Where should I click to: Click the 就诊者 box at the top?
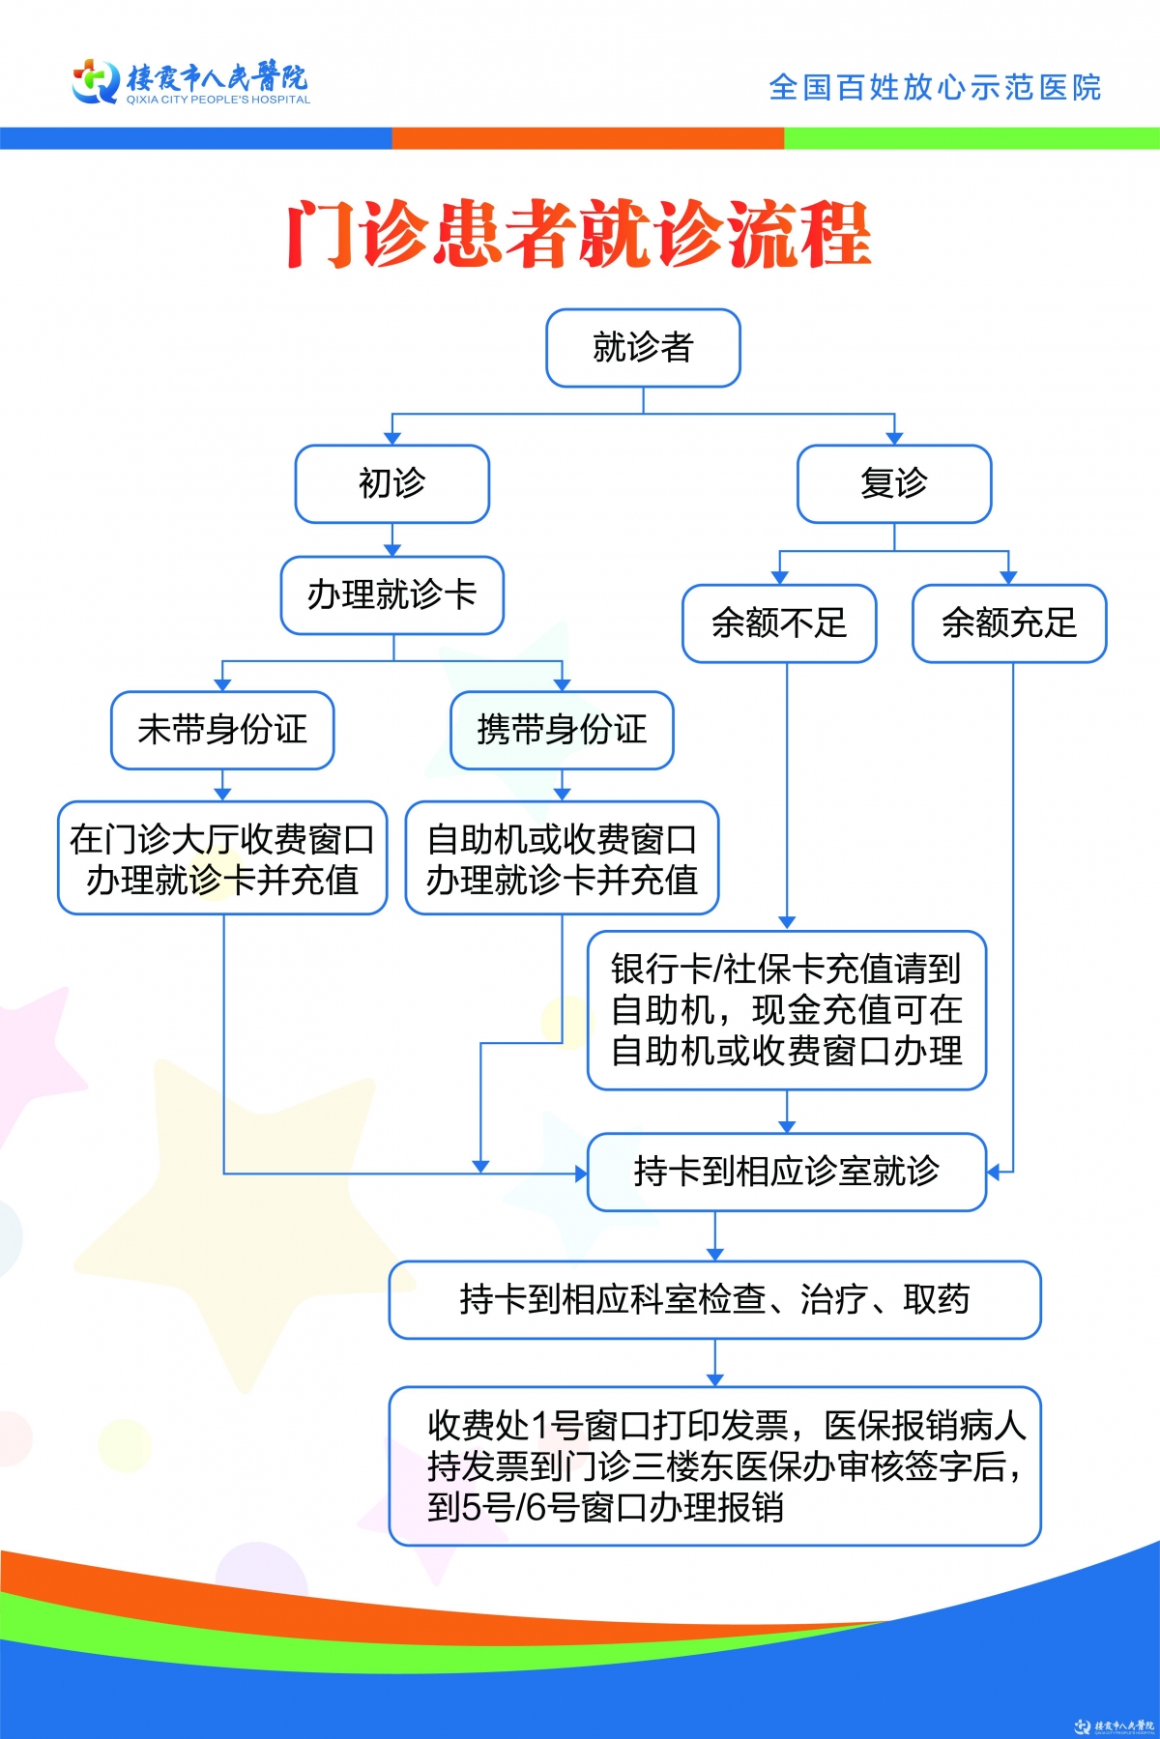pyautogui.click(x=643, y=348)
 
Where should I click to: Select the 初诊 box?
pyautogui.click(x=391, y=483)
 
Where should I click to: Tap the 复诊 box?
pyautogui.click(x=894, y=483)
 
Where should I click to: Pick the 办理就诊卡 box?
pyautogui.click(x=391, y=594)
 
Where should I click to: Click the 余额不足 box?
pyautogui.click(x=779, y=623)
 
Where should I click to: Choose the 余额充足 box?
pyautogui.click(x=1009, y=623)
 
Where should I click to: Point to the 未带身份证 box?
pyautogui.click(x=222, y=730)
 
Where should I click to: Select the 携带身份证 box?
pyautogui.click(x=562, y=730)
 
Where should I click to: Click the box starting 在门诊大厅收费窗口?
pyautogui.click(x=222, y=857)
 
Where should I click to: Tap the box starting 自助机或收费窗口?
pyautogui.click(x=562, y=857)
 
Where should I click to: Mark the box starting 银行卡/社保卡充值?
pyautogui.click(x=787, y=1010)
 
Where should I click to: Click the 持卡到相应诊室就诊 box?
pyautogui.click(x=787, y=1172)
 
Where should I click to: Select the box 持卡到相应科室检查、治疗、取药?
pyautogui.click(x=714, y=1299)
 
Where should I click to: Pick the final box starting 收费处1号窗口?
pyautogui.click(x=714, y=1465)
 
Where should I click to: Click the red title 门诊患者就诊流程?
pyautogui.click(x=579, y=234)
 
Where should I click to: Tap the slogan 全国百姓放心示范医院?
pyautogui.click(x=935, y=87)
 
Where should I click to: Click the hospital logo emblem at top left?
pyautogui.click(x=96, y=81)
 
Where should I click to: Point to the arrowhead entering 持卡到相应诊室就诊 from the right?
pyautogui.click(x=994, y=1173)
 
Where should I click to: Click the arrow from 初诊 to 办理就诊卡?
pyautogui.click(x=391, y=539)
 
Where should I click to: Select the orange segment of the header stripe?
pyautogui.click(x=588, y=138)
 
